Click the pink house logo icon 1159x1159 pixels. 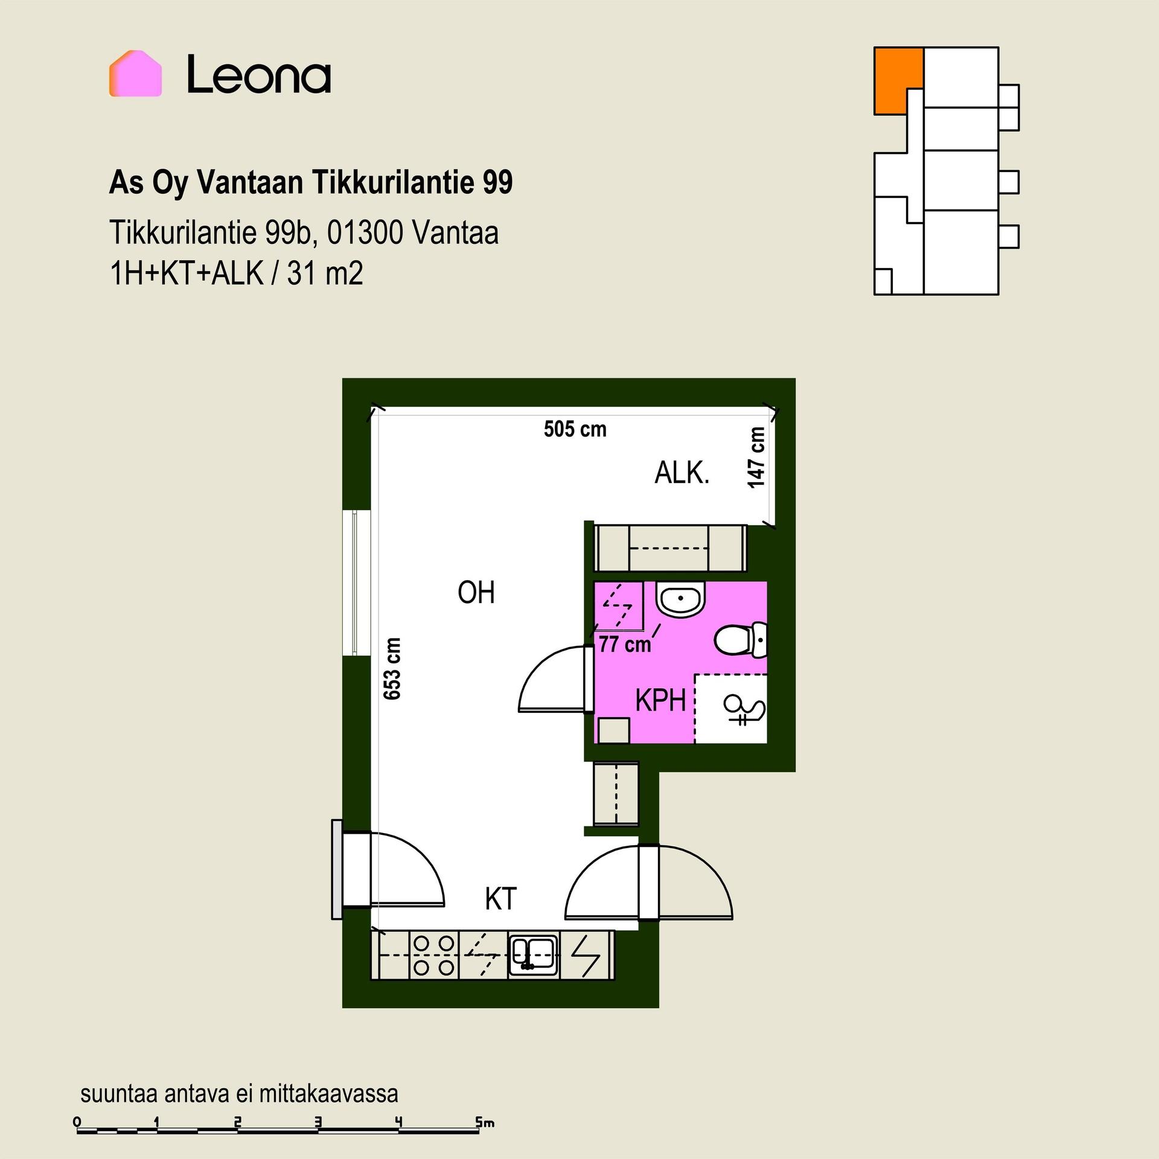(135, 74)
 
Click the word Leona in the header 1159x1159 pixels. (259, 75)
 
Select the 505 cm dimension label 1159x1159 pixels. (575, 429)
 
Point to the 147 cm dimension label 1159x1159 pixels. (756, 458)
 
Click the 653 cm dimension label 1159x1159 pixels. (392, 668)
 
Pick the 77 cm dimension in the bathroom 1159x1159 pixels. (625, 645)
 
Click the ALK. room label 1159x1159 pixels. (682, 473)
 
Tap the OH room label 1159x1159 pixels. (476, 593)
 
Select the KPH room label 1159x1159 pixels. (661, 701)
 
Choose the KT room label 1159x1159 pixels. (501, 899)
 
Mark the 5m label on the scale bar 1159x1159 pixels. (485, 1123)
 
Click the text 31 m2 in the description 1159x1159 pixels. (325, 273)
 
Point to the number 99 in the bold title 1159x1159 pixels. (497, 182)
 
